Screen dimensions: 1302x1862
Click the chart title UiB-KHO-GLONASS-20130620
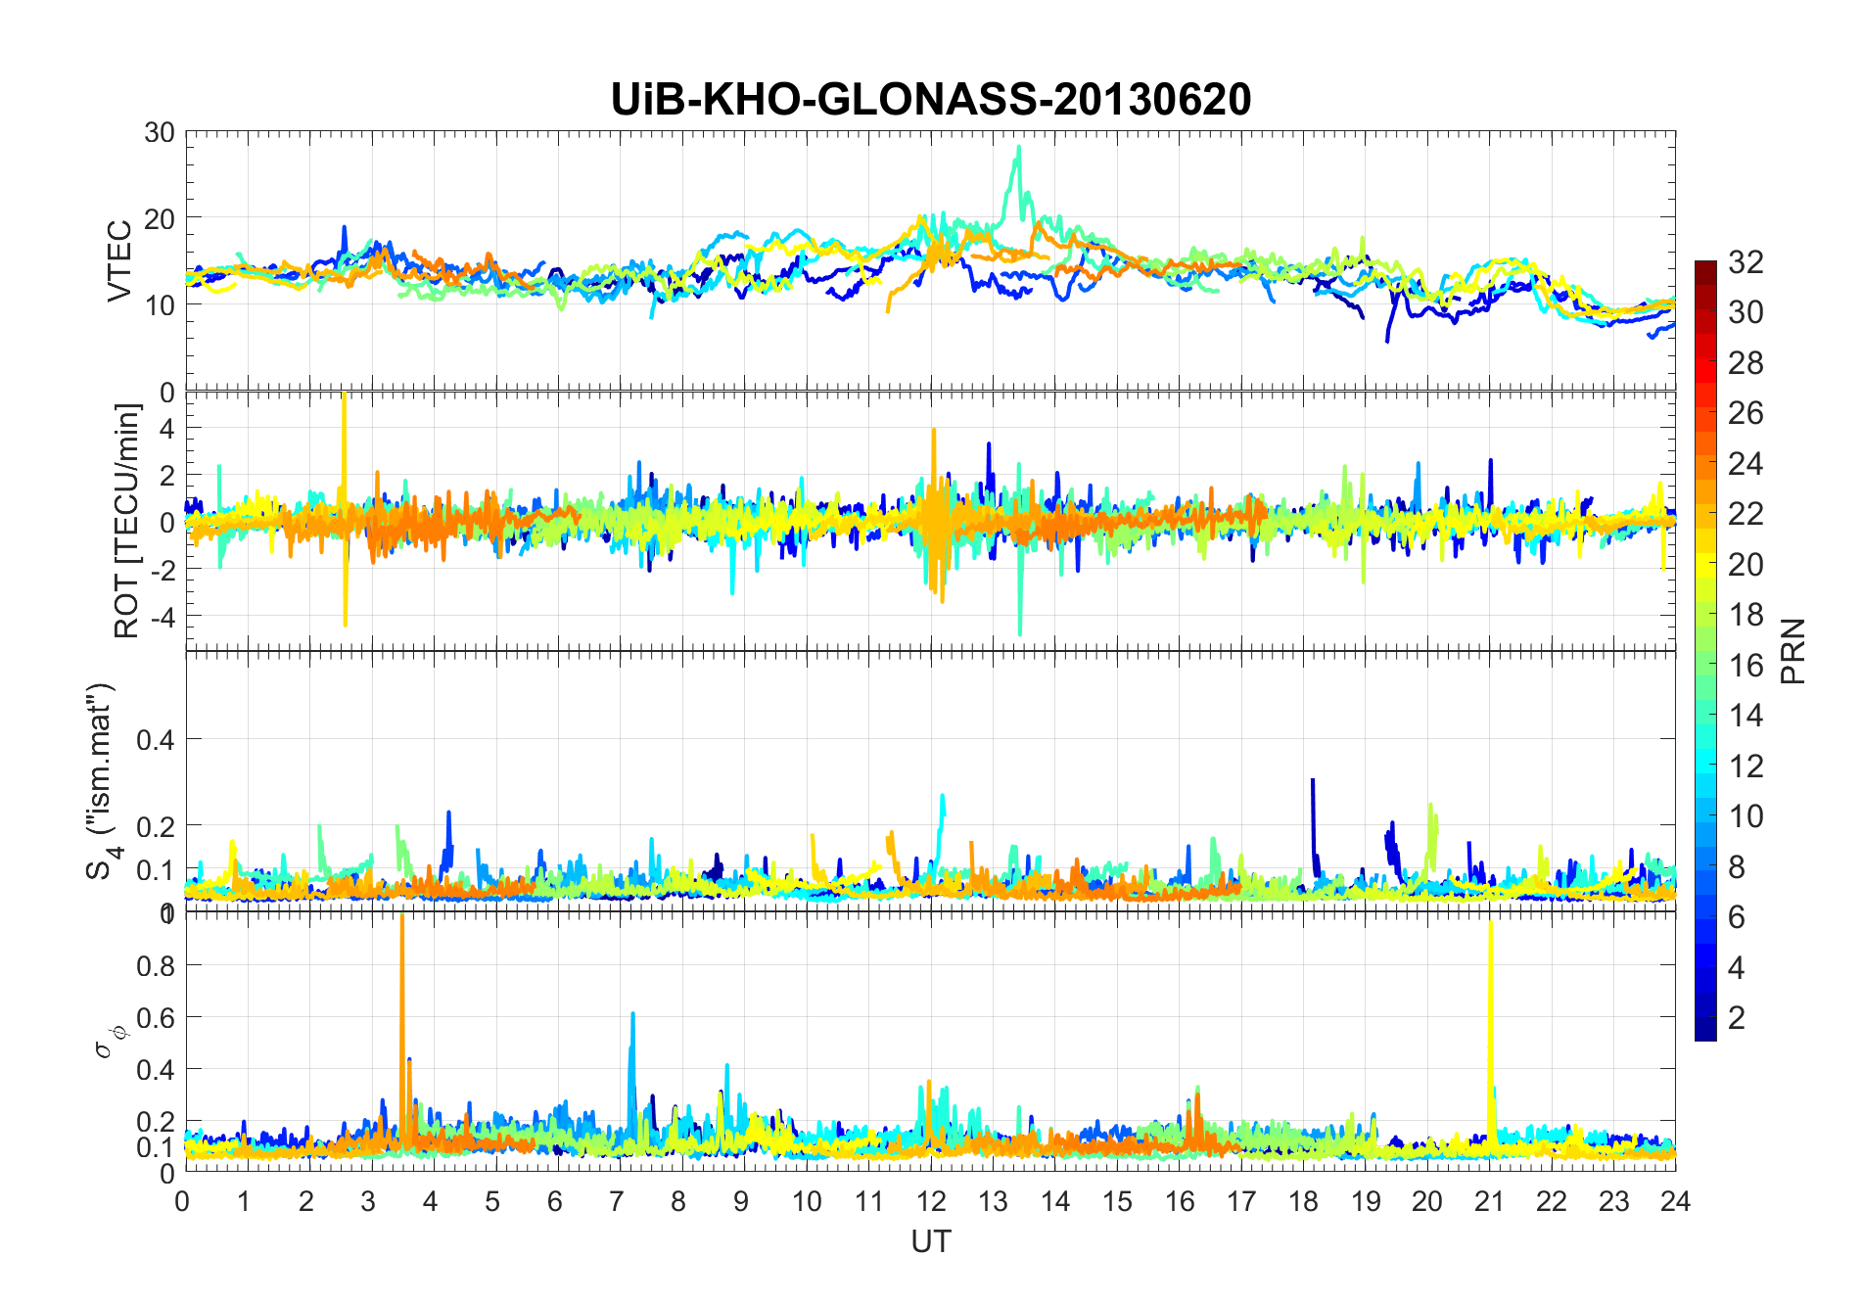click(x=930, y=100)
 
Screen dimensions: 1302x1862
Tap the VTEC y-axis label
click(x=119, y=261)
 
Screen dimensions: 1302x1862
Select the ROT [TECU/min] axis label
click(x=127, y=521)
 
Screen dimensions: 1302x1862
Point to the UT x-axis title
click(x=930, y=1241)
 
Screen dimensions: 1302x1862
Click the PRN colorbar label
click(x=1793, y=651)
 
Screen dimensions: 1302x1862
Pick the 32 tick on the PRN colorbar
click(x=1746, y=261)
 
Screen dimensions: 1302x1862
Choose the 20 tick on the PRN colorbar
click(x=1746, y=564)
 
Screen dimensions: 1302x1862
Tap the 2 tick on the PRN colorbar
click(x=1737, y=1017)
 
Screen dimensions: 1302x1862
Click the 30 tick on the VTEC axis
click(x=160, y=133)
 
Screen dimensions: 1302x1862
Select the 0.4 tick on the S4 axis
click(x=156, y=740)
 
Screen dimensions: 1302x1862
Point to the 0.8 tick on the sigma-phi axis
click(x=156, y=966)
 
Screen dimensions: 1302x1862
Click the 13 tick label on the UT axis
click(x=993, y=1201)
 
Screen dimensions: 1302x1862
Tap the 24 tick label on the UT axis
click(x=1675, y=1201)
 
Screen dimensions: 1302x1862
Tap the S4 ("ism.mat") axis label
click(x=100, y=780)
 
